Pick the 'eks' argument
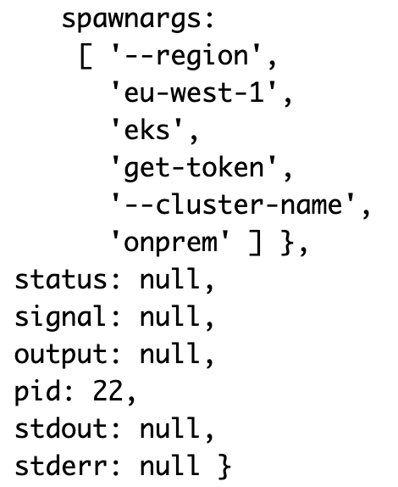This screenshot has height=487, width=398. coord(146,130)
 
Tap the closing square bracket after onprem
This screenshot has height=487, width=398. coord(255,243)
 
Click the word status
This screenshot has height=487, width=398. coord(61,279)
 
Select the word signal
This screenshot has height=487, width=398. coord(60,316)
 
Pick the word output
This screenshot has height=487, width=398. coord(61,354)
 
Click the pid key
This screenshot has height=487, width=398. coord(37,391)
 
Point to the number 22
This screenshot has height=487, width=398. coord(108,391)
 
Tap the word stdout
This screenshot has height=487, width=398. coord(61,428)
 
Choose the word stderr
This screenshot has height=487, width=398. coord(61,465)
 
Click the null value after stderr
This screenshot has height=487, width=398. coord(169,465)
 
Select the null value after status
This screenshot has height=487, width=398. coord(169,279)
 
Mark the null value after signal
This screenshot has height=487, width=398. coord(169,316)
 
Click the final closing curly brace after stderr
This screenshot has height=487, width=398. coord(224,466)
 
